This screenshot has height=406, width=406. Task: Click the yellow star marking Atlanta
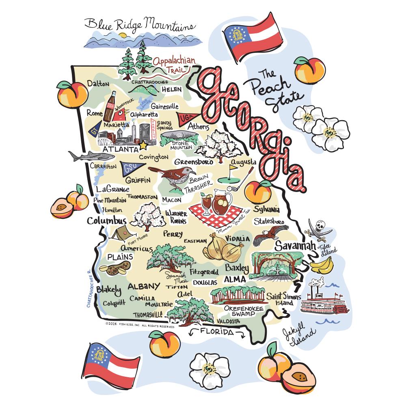click(143, 145)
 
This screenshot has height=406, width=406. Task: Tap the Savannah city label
click(295, 246)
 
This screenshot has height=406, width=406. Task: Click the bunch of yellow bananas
click(322, 265)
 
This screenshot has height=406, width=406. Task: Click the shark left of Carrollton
click(84, 156)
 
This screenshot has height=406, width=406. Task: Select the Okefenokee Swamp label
click(244, 311)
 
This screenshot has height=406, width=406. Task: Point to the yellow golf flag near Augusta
click(235, 167)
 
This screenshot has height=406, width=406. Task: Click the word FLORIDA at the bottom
click(215, 332)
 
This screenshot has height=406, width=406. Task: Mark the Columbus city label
click(107, 221)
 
